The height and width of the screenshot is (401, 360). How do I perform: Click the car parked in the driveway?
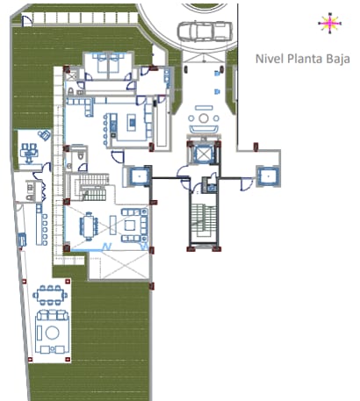[205, 32]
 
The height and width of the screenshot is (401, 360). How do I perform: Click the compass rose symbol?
[330, 23]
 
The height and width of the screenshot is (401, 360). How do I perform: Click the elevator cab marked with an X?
[204, 153]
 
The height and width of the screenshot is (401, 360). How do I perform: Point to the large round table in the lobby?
[204, 118]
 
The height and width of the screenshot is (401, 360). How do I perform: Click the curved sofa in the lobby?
[204, 129]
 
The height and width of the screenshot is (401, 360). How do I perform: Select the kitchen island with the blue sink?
[132, 122]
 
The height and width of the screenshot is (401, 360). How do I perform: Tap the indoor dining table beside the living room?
[89, 226]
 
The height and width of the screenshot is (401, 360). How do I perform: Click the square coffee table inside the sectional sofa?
[130, 226]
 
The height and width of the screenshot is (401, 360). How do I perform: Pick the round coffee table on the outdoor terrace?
[53, 333]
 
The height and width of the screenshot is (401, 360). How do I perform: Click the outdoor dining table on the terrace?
[50, 295]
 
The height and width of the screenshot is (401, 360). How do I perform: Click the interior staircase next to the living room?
[90, 187]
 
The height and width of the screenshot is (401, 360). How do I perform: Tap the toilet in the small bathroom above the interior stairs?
[81, 156]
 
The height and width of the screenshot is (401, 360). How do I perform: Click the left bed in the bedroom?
[102, 63]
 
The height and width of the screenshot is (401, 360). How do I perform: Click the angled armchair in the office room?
[45, 135]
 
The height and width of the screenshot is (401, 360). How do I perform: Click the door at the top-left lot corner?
[27, 20]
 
